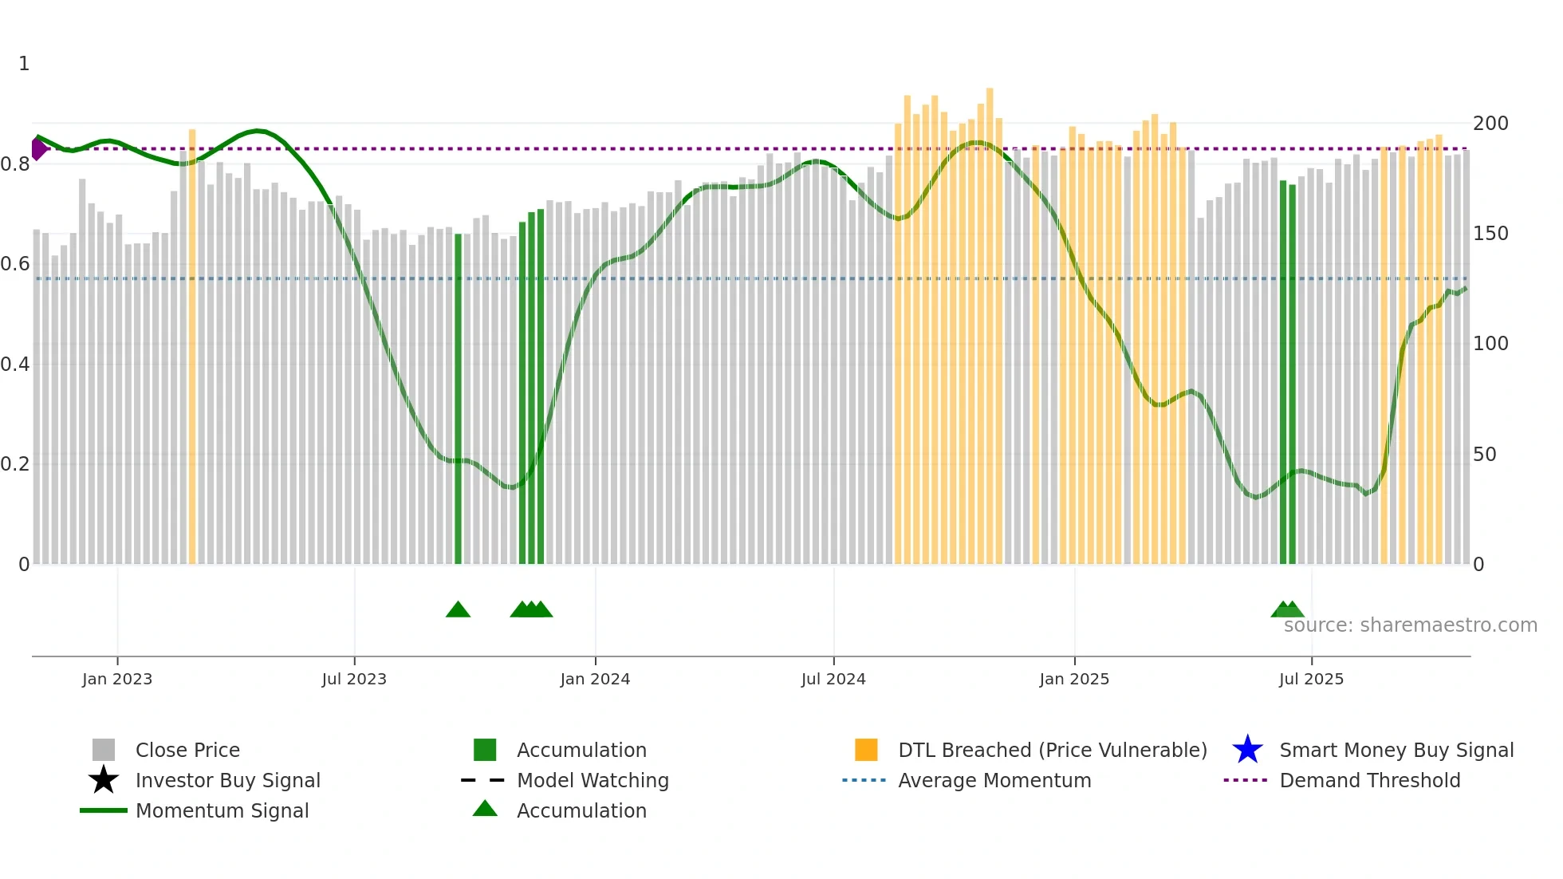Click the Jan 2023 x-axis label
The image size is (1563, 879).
click(116, 679)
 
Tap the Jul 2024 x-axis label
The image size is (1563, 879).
click(833, 679)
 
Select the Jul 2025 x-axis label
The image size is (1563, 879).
click(1311, 679)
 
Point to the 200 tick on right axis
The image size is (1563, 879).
click(1490, 124)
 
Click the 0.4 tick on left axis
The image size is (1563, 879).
click(15, 365)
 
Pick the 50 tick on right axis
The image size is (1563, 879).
click(1485, 455)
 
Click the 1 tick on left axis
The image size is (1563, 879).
click(24, 64)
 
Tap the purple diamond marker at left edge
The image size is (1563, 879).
click(38, 148)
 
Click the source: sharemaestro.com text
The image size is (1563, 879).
click(1410, 625)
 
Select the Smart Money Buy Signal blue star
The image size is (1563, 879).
click(1247, 750)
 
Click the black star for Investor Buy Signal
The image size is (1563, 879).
click(104, 780)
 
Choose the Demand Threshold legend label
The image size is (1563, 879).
click(1369, 780)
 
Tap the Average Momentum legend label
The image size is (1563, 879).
click(994, 780)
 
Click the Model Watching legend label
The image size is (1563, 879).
click(593, 780)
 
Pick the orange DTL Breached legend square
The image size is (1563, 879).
click(866, 750)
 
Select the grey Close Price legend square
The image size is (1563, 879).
click(104, 750)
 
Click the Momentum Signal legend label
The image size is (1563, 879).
click(222, 810)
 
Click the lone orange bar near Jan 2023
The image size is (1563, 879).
click(192, 347)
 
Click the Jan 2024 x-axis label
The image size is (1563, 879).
click(595, 679)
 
